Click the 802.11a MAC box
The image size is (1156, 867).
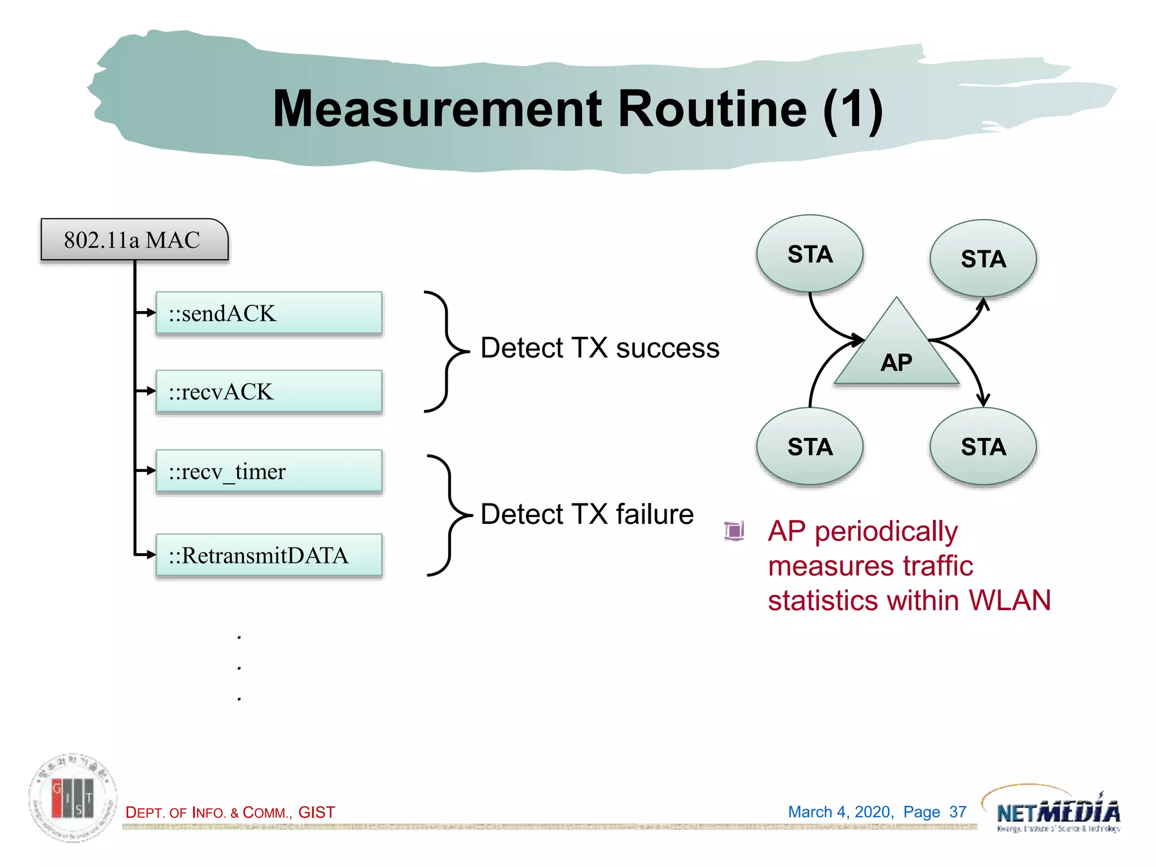(134, 240)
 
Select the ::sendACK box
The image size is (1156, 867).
(269, 313)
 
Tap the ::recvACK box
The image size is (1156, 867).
(269, 392)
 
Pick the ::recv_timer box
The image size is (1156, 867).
(269, 471)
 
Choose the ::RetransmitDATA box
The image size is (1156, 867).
(269, 555)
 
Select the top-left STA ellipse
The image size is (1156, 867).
(810, 254)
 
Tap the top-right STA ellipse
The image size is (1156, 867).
(983, 259)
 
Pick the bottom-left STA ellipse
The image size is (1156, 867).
(810, 446)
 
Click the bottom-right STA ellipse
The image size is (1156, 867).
(983, 446)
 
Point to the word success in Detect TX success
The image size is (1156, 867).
(668, 348)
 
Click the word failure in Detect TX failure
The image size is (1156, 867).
(655, 514)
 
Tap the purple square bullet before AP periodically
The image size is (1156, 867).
(734, 531)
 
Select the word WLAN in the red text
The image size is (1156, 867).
(1010, 600)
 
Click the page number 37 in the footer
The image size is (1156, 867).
(958, 812)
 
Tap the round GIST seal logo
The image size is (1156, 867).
(73, 797)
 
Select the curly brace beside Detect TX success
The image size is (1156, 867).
(446, 351)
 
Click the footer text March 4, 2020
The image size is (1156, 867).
(840, 812)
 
